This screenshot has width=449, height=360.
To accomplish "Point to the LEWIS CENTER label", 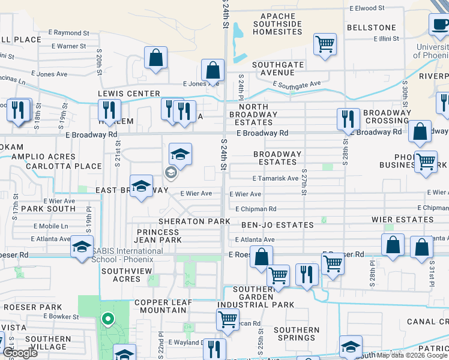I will pos(129,94).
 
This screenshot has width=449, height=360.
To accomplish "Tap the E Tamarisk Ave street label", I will pos(276,178).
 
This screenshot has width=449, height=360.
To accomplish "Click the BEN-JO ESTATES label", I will pos(277,225).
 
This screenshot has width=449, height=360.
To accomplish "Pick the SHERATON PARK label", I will pos(194,221).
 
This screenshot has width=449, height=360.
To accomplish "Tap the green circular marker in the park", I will pos(108,319).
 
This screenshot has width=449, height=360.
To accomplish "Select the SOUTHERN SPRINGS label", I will pos(297,334).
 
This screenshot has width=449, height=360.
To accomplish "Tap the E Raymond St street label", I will pos(71,33).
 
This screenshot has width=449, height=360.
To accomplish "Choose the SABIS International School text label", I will pos(123,254).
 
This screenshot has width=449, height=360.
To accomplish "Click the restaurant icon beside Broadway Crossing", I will pos(348,119).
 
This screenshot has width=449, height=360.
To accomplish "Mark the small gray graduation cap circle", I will pos(170,173).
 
